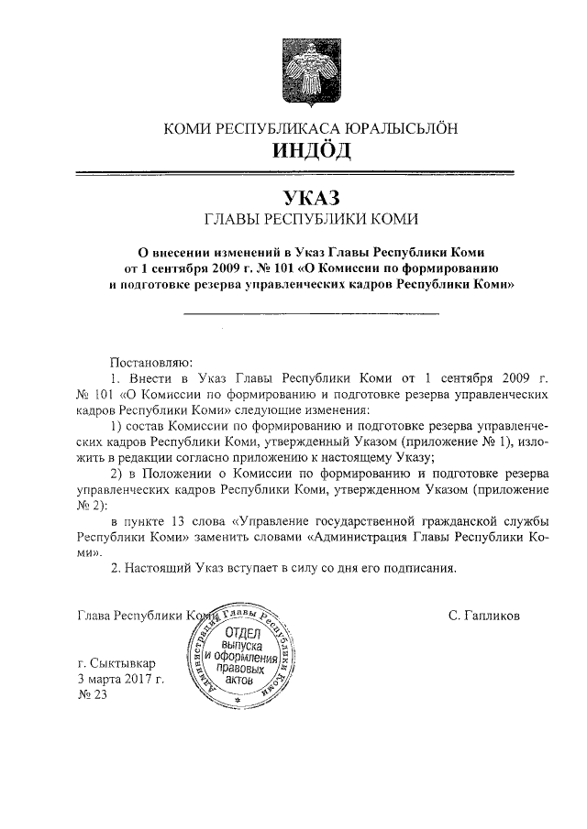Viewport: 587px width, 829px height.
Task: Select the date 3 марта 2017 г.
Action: (121, 679)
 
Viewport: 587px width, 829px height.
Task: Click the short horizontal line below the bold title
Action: (312, 315)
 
